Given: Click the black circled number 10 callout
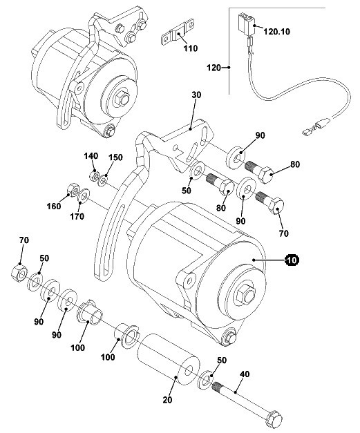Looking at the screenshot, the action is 292,260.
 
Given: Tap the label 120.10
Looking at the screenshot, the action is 276,32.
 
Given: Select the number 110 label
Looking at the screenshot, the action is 191,48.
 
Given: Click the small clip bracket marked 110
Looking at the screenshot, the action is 177,33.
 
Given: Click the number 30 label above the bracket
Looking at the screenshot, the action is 196,95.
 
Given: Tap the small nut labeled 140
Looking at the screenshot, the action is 94,175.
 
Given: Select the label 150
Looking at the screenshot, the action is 115,157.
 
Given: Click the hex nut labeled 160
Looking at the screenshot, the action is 73,190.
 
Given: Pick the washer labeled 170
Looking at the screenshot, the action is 84,195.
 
